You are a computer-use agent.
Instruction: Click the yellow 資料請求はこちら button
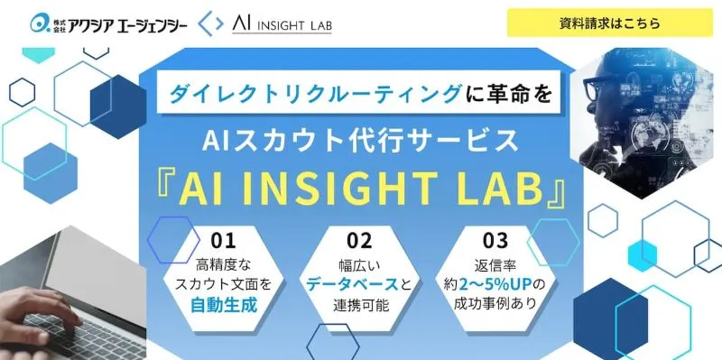(x=609, y=23)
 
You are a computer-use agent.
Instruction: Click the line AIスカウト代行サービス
(x=360, y=140)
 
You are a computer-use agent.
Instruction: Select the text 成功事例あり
(x=495, y=305)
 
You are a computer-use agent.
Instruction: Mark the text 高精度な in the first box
(x=223, y=264)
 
